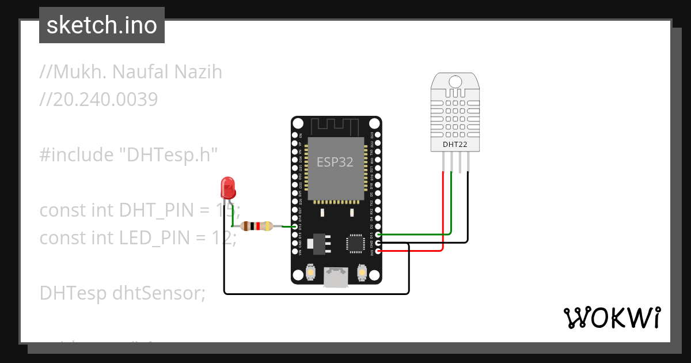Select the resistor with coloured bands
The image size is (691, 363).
pos(257,226)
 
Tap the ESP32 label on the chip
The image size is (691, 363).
pos(335,162)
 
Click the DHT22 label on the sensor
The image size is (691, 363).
pos(455,144)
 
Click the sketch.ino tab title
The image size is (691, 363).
pos(102,25)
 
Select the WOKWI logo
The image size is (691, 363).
pos(611,317)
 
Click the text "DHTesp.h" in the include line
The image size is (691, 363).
pos(168,155)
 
